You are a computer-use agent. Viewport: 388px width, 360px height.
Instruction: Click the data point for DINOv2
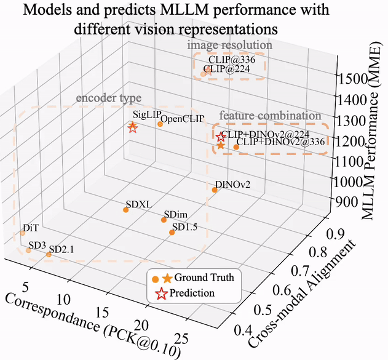[x=215, y=190]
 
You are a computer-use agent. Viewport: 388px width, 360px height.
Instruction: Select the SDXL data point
[x=126, y=210]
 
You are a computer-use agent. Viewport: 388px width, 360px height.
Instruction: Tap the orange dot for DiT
[x=23, y=233]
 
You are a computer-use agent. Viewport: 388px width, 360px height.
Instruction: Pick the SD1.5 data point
[x=172, y=233]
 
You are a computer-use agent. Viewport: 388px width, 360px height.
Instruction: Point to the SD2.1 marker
[x=49, y=254]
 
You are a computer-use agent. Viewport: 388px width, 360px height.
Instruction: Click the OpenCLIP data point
[x=160, y=124]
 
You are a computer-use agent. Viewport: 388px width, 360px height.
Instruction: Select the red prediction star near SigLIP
[x=132, y=127]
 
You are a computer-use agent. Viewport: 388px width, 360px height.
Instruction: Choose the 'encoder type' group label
[x=108, y=98]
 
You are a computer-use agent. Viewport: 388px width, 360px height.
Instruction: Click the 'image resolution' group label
[x=229, y=46]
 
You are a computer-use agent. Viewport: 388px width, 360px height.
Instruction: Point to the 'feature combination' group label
[x=270, y=116]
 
